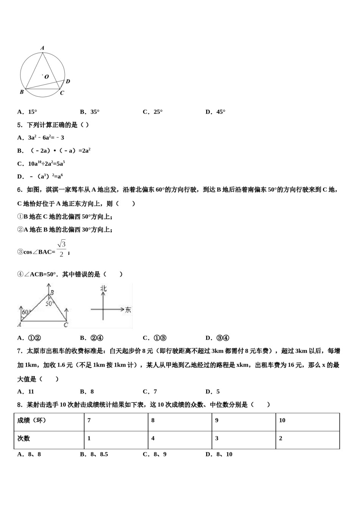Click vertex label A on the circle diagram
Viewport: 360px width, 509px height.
coord(42,48)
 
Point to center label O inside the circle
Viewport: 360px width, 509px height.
coord(47,77)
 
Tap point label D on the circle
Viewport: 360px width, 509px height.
coord(68,81)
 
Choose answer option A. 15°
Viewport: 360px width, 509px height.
coord(27,112)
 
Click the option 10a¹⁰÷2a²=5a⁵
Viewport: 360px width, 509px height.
coord(41,164)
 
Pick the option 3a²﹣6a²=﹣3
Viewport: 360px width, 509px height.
coord(41,137)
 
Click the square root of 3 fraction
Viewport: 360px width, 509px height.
coord(61,248)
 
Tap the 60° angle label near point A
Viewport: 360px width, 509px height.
coord(26,313)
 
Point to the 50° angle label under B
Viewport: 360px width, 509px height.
coord(50,303)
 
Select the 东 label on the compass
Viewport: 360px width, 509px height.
coord(128,310)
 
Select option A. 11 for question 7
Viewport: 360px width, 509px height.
coord(26,392)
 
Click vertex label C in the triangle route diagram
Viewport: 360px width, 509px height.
coord(66,325)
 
